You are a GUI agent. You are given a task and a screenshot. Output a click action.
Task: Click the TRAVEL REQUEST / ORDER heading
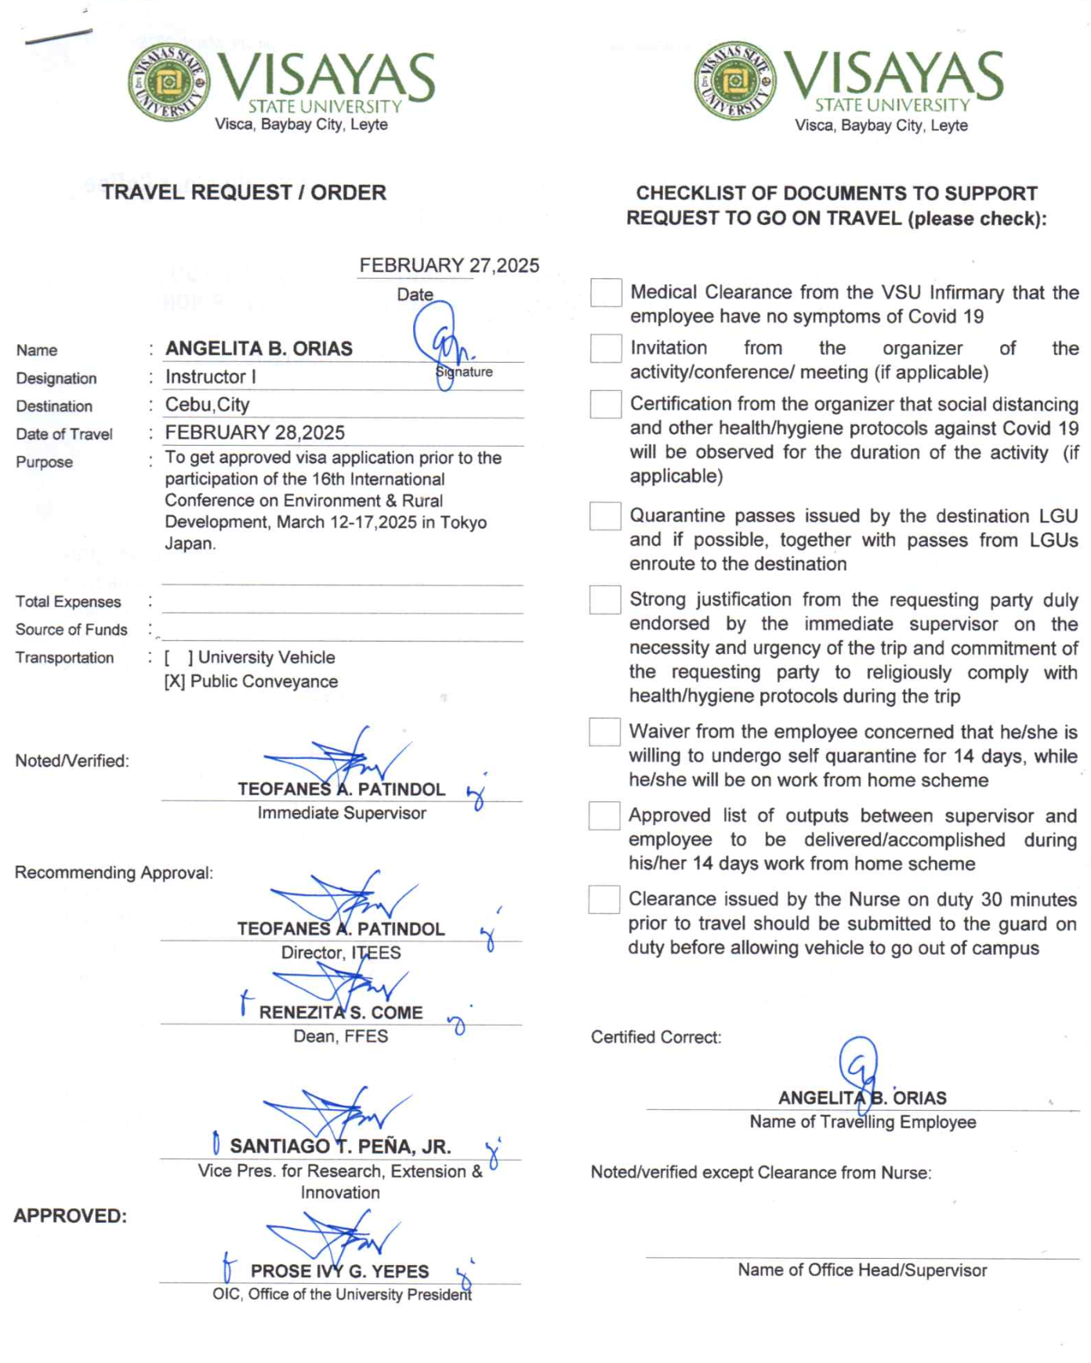(244, 193)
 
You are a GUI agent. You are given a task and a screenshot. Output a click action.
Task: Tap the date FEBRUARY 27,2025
(449, 266)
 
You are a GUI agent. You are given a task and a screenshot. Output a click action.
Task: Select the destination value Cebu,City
(207, 405)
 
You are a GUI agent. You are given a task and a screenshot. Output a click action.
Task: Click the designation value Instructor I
(210, 377)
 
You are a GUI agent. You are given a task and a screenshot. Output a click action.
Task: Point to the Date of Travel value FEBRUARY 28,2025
(255, 432)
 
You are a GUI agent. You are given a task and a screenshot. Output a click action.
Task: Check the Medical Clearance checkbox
(606, 293)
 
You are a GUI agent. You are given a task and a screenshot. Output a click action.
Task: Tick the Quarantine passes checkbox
(605, 516)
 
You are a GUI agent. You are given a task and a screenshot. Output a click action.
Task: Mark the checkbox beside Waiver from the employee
(604, 732)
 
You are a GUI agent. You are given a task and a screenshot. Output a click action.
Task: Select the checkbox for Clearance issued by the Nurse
(603, 899)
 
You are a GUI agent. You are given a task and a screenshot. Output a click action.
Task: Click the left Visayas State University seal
(169, 81)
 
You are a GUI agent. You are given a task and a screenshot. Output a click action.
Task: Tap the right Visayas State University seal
(734, 81)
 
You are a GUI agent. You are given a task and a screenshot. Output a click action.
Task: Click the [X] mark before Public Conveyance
(174, 682)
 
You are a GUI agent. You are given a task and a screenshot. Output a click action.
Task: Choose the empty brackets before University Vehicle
(179, 658)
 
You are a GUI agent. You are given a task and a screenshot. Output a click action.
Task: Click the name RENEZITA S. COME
(341, 1013)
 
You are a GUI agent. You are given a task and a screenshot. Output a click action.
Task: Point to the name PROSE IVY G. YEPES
(339, 1271)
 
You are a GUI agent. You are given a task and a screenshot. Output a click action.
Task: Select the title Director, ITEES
(341, 953)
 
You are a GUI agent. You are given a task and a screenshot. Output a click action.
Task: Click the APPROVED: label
(71, 1216)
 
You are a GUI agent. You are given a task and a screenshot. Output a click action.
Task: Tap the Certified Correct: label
(656, 1037)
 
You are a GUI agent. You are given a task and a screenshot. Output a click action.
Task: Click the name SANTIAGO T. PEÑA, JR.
(340, 1147)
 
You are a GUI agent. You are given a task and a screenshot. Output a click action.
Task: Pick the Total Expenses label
(68, 602)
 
